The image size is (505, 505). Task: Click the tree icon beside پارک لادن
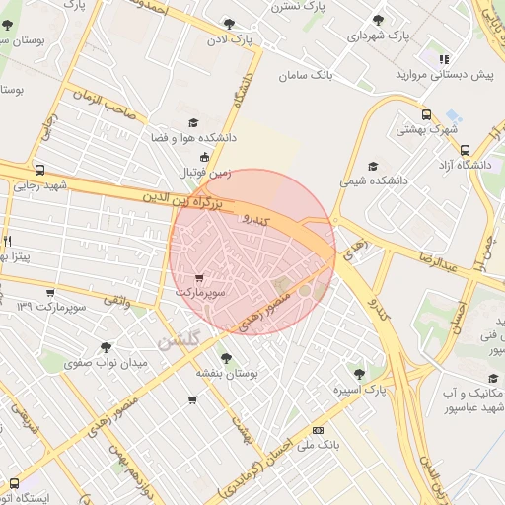[x=230, y=24]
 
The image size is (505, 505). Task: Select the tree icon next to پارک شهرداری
[x=378, y=20]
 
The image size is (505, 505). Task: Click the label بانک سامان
[x=307, y=75]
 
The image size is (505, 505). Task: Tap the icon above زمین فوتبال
[x=204, y=156]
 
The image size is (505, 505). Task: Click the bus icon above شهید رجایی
[x=39, y=169]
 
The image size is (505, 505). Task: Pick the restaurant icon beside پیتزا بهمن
[x=7, y=240]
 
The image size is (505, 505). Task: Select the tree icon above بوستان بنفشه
[x=226, y=358]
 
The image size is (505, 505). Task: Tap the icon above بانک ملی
[x=318, y=430]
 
